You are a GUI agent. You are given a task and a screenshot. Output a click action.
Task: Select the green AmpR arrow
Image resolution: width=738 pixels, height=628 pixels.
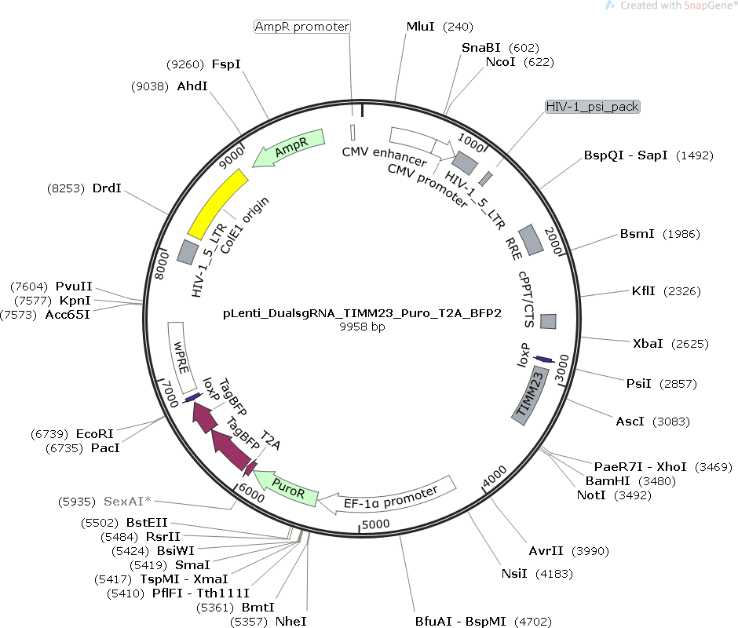[x=288, y=148]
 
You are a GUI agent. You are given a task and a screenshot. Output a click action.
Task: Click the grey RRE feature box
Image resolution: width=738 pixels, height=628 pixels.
[x=532, y=239]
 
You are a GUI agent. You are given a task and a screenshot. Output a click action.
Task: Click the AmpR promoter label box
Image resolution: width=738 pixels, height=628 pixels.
[x=302, y=26]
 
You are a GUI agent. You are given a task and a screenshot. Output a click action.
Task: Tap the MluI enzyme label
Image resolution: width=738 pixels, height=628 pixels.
[x=420, y=26]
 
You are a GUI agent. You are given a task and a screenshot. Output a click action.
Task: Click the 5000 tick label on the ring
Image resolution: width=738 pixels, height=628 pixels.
[x=376, y=524]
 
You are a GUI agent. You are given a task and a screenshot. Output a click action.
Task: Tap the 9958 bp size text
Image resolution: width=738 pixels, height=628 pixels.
[x=361, y=327]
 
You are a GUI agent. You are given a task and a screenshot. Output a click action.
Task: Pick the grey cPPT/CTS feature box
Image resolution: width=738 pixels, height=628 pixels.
[x=548, y=321]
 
